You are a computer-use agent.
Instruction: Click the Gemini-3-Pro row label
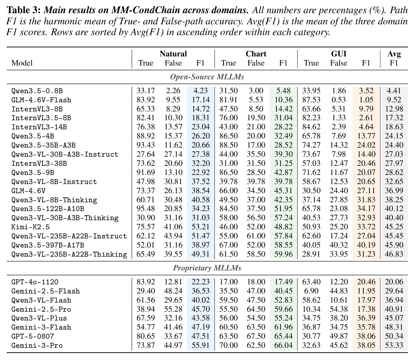[37, 345]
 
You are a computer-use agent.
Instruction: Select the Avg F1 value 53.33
[394, 345]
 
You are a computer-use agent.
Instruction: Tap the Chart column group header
[256, 54]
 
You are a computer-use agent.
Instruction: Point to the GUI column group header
[339, 54]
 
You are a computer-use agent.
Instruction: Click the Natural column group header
[173, 54]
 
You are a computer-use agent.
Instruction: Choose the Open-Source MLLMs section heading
[207, 77]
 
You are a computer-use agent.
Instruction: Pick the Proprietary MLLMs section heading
[207, 268]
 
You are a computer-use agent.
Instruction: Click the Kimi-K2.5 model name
[30, 227]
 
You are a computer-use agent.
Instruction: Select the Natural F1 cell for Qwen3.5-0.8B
[201, 91]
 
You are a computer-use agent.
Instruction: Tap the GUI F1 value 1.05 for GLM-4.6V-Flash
[366, 100]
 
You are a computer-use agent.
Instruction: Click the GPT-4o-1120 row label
[35, 282]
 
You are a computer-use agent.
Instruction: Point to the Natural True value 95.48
[146, 209]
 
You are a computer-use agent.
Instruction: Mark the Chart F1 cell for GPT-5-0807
[283, 336]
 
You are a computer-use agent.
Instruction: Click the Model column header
[22, 63]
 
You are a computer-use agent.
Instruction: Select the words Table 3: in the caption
[24, 10]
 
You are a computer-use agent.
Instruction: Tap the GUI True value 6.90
[311, 291]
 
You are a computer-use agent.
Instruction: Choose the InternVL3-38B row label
[39, 163]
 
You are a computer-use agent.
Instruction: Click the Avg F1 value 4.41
[394, 91]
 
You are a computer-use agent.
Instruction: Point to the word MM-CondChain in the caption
[145, 10]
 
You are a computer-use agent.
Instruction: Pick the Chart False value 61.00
[256, 236]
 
